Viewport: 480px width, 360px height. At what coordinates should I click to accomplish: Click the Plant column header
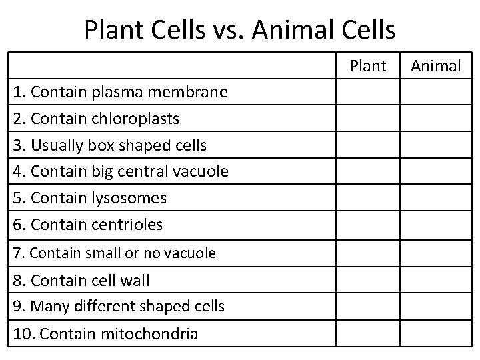coord(367,65)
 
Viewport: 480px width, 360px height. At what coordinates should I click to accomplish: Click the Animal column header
coord(436,65)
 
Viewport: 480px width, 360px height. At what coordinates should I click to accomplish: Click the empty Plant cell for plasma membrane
coord(367,92)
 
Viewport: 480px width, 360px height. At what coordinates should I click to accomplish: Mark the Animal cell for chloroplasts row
coord(436,119)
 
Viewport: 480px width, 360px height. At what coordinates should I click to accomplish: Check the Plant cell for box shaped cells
coord(367,145)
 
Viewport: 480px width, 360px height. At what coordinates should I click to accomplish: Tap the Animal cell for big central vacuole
coord(436,171)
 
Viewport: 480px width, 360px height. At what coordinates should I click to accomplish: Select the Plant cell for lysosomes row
coord(367,198)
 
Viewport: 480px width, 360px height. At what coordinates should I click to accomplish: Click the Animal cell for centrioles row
coord(436,225)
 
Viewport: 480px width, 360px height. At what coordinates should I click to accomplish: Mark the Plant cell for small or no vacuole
coord(367,253)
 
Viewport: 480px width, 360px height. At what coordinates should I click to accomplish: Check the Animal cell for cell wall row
coord(436,280)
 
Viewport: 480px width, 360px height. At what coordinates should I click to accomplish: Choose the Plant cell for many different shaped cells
coord(367,307)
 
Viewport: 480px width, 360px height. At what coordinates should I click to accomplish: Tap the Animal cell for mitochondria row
coord(436,333)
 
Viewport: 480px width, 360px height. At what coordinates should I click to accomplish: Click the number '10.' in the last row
coord(24,333)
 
